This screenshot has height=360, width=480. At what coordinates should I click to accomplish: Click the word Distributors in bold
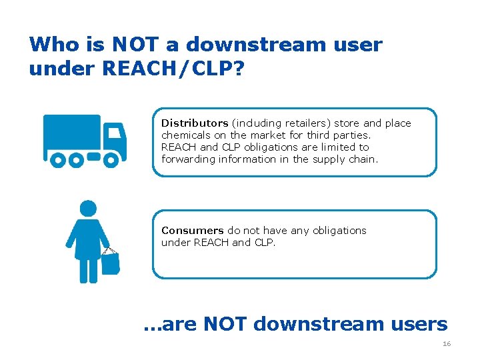point(195,123)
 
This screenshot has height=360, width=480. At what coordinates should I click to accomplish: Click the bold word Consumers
point(193,231)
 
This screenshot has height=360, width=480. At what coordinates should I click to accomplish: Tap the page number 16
point(446,344)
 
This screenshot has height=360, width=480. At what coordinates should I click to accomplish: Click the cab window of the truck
point(115,132)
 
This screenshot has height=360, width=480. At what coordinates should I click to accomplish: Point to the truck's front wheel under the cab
point(112,160)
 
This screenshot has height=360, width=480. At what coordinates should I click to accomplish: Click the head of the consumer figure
point(88,208)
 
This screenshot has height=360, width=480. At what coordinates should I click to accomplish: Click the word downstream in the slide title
point(255,45)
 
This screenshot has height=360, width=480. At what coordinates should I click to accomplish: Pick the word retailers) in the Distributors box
point(309,123)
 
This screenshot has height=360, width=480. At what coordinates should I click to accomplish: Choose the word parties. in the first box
point(351,135)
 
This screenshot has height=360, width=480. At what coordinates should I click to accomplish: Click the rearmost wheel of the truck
point(59,160)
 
